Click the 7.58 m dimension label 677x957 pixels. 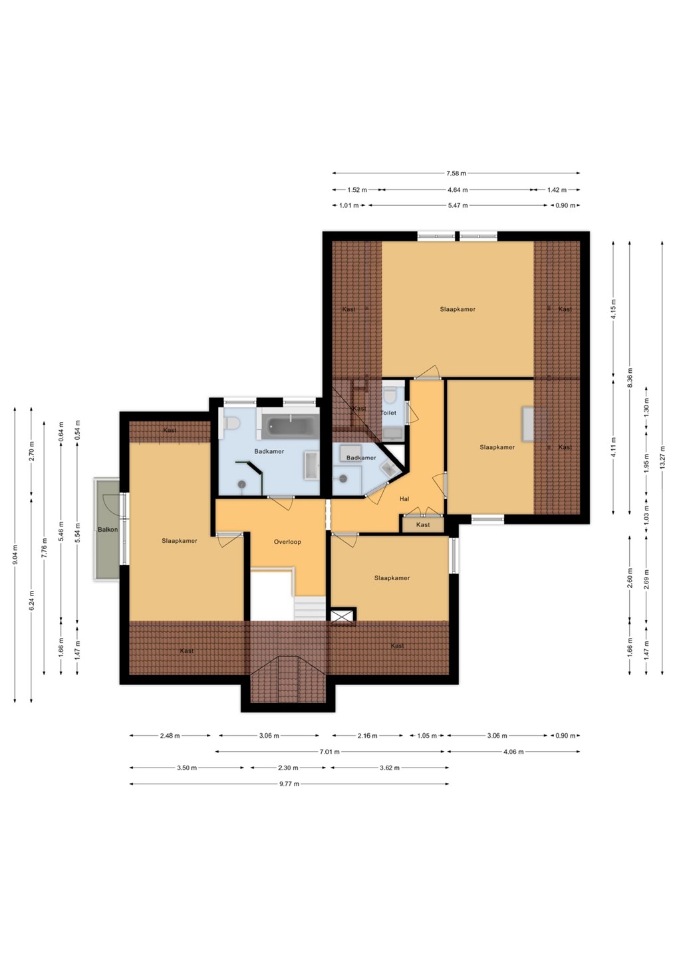tap(456, 173)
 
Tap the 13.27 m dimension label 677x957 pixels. tap(662, 457)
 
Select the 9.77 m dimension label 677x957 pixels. tap(289, 784)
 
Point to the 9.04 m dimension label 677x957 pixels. tap(15, 555)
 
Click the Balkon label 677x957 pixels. tap(108, 530)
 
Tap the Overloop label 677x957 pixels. tap(287, 542)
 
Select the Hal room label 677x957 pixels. tap(404, 499)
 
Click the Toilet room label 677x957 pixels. tap(388, 413)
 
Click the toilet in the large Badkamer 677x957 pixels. tap(231, 424)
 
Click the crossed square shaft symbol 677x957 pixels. tap(342, 616)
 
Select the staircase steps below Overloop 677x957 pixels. tap(310, 608)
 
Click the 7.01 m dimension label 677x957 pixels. tap(329, 752)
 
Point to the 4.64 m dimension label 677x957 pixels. tap(458, 189)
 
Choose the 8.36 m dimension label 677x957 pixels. tap(630, 377)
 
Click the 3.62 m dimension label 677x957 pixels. tap(389, 768)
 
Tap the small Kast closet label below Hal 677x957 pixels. tap(423, 524)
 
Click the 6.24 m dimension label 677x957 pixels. tap(31, 600)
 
